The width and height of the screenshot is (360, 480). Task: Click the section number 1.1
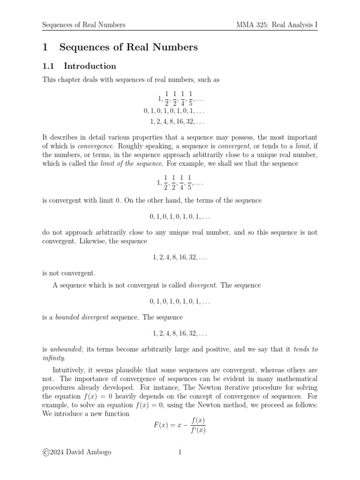(49, 66)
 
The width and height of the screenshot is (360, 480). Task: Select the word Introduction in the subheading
(90, 66)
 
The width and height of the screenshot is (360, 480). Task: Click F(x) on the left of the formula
(160, 425)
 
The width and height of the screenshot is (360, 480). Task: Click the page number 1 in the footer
(180, 452)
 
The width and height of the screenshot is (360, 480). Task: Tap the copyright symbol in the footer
(46, 452)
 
